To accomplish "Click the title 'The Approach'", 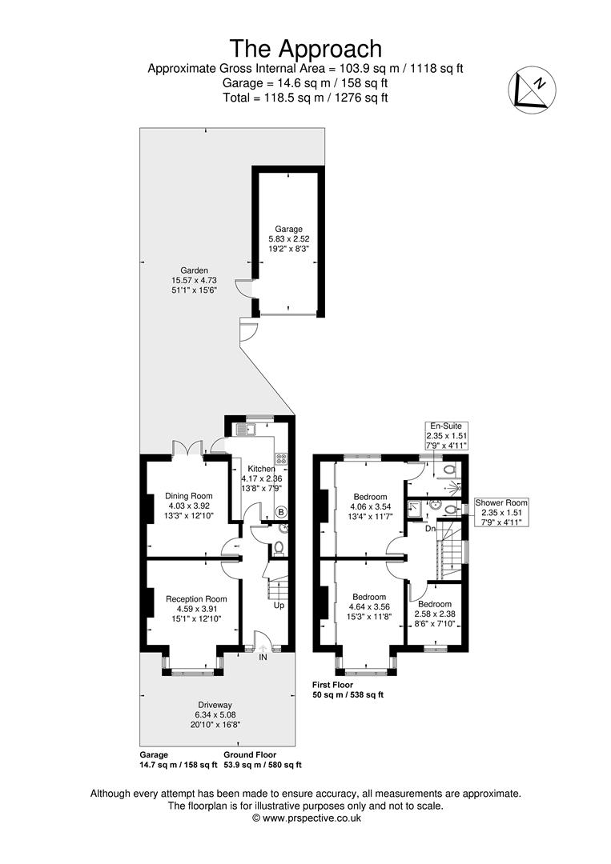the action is click(306, 49).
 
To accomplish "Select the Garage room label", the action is click(288, 238).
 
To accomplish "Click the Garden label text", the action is click(194, 280).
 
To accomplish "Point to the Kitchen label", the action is click(262, 478).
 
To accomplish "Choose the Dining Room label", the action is click(189, 506).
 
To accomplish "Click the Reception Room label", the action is click(196, 608).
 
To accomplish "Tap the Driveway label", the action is click(215, 714).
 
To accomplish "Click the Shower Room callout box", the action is click(500, 512).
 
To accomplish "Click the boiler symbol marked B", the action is click(281, 513).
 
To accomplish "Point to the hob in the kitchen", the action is click(281, 459).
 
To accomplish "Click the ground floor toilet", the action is click(279, 548).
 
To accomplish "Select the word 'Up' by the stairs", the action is click(279, 605).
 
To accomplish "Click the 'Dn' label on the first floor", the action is click(431, 529).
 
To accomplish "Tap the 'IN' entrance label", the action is click(263, 658).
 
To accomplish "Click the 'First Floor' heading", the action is click(332, 685).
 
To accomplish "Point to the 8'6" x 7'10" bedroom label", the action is click(435, 614).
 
